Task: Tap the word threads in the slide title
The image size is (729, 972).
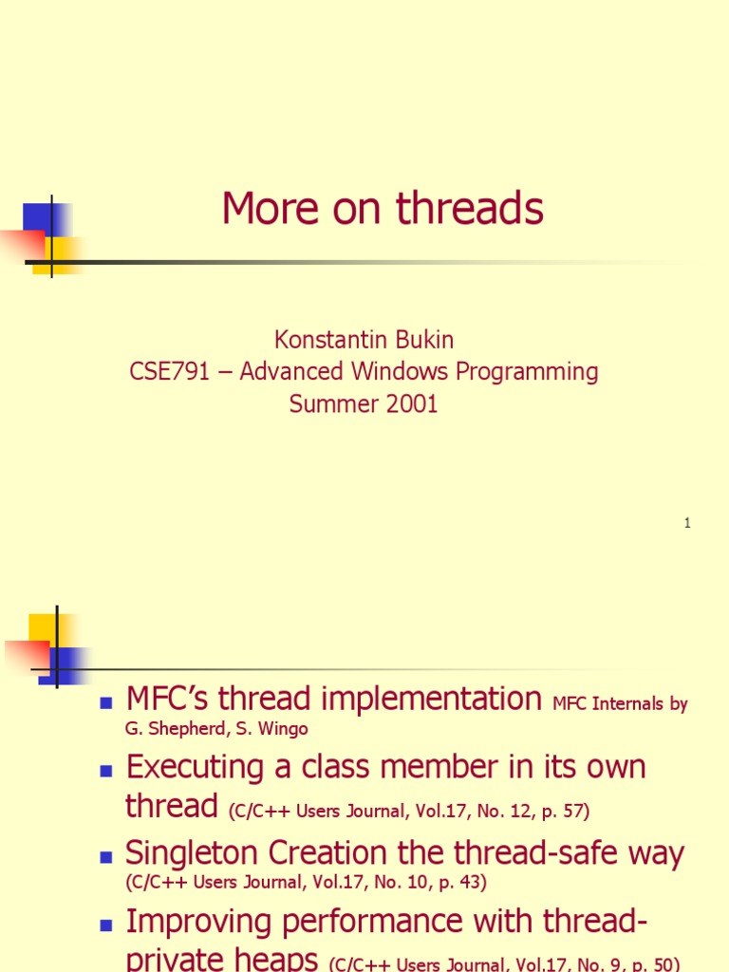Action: coord(470,209)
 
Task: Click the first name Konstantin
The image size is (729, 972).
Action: coord(330,340)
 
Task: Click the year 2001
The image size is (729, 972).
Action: coord(411,403)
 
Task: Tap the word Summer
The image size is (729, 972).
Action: coord(332,403)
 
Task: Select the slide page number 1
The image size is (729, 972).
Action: coord(686,523)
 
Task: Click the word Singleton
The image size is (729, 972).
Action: coord(196,853)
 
